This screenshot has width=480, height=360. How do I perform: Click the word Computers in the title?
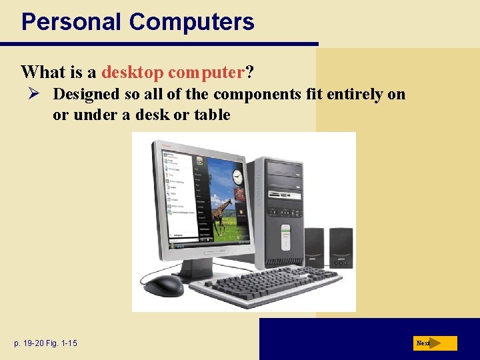coord(191,22)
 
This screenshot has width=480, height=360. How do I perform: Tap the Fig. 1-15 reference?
coord(63,343)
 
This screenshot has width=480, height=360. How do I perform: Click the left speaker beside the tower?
coord(314,247)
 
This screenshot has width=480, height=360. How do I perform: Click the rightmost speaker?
coord(341,247)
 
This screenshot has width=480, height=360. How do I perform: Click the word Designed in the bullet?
coord(87,94)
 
